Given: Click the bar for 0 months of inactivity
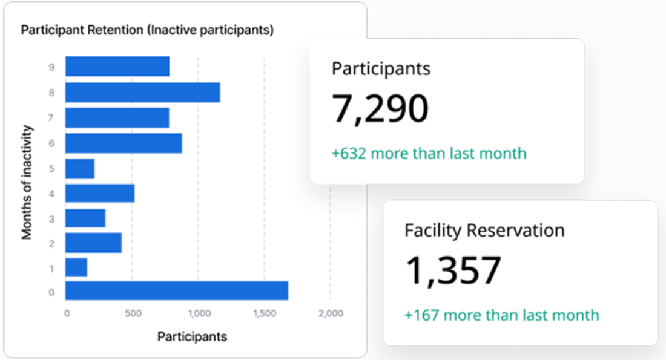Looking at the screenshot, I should [x=176, y=290].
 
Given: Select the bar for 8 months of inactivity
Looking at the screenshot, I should [x=142, y=93].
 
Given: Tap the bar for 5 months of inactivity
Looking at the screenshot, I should [x=80, y=169].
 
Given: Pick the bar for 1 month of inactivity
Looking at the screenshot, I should [x=76, y=267].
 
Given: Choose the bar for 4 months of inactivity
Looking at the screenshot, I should [x=100, y=193].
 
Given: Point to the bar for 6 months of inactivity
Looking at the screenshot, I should [x=124, y=143].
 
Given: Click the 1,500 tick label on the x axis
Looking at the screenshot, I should [x=264, y=313].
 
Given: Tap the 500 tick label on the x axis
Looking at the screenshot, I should [x=133, y=313].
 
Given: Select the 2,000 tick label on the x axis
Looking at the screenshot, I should [x=330, y=313].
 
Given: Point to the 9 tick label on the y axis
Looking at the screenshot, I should [x=51, y=67].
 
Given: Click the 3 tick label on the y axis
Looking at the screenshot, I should [x=51, y=218].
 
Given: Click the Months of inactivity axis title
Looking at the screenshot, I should [x=27, y=182].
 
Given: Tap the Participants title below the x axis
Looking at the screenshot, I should [x=192, y=336].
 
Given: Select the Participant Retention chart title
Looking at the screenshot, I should [x=147, y=30].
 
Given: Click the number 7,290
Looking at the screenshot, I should [x=380, y=109].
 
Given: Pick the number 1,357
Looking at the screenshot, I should [x=453, y=270].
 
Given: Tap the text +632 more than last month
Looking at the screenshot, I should [x=429, y=153].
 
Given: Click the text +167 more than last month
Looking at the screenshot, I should [x=501, y=315].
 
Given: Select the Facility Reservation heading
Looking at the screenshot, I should [x=484, y=230].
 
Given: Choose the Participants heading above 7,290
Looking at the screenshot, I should [x=381, y=68].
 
